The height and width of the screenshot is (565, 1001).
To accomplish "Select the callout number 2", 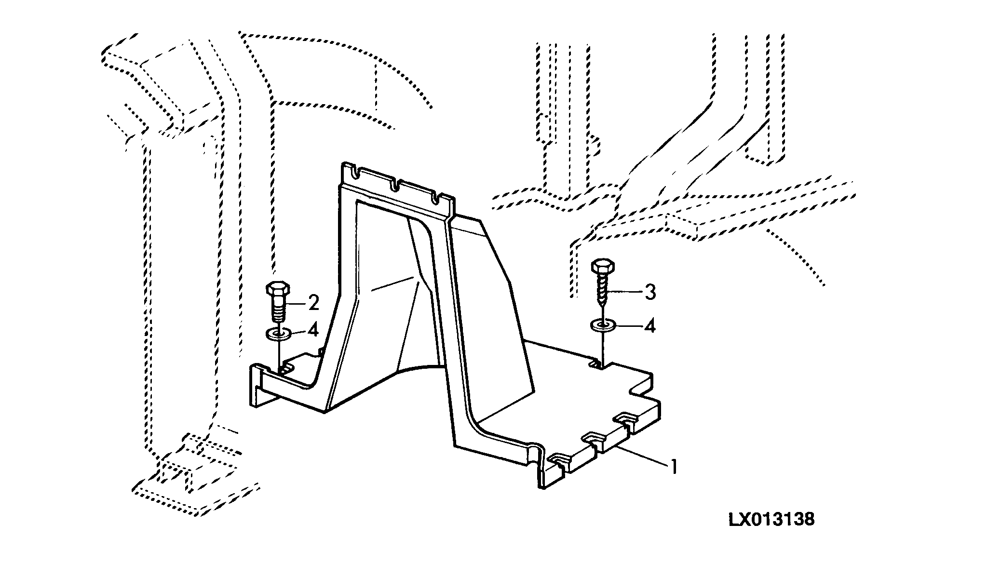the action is click(x=313, y=303).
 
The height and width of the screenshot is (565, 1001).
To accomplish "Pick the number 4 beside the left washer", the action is click(x=313, y=331).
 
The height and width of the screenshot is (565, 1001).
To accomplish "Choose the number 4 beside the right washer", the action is click(x=650, y=326).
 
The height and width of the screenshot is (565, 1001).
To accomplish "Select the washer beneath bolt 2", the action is click(x=277, y=333).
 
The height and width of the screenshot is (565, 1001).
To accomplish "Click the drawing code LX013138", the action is click(x=771, y=520).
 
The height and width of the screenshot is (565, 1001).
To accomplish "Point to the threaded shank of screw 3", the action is click(x=602, y=292).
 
